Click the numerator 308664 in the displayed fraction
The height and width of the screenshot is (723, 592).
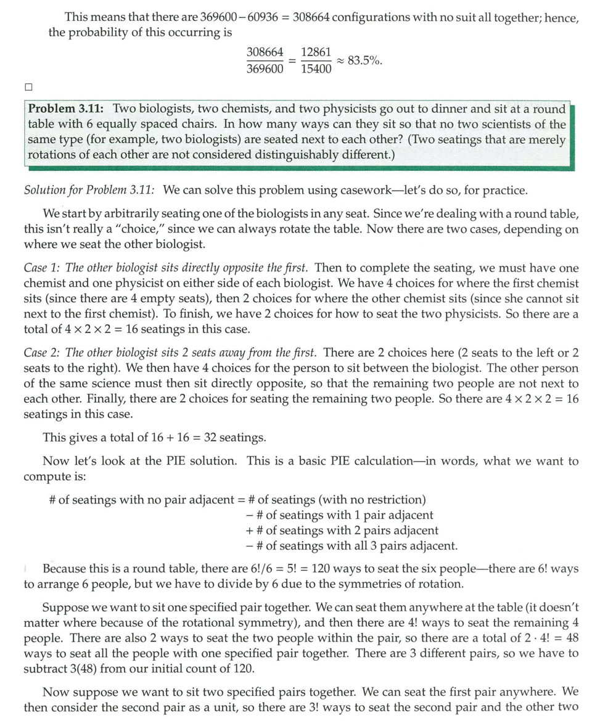(x=265, y=53)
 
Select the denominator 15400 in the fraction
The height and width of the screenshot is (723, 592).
(x=316, y=69)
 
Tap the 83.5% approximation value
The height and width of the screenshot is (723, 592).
(x=364, y=60)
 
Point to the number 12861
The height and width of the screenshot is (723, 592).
(x=316, y=53)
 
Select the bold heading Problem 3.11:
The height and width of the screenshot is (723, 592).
(x=67, y=109)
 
